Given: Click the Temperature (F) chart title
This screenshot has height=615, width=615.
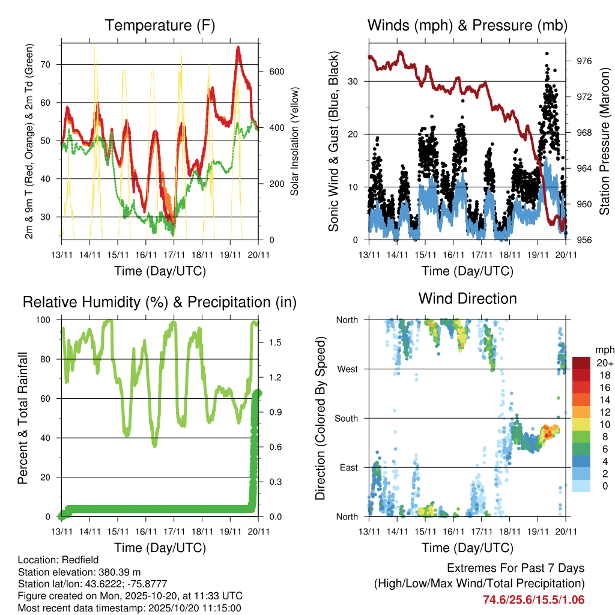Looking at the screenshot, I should click(160, 26).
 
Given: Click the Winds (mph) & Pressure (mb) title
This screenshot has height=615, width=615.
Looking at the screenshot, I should click(467, 26).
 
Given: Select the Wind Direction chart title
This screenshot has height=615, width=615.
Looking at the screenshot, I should click(467, 298).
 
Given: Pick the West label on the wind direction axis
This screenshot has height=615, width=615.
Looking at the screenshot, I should click(347, 369).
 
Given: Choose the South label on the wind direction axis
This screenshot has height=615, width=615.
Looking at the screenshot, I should click(345, 418).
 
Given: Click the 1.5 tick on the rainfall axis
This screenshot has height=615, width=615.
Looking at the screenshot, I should click(268, 342).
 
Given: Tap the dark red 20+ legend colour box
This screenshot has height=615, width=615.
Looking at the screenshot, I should click(581, 363).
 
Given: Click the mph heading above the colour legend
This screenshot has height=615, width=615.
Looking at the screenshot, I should click(603, 350).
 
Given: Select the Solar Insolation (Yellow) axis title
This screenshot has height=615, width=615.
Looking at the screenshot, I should click(294, 142).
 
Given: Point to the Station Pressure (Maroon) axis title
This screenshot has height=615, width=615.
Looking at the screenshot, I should click(604, 142).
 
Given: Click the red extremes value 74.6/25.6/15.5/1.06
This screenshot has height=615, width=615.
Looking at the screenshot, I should click(533, 599).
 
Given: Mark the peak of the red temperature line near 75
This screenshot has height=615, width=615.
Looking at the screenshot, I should click(238, 47).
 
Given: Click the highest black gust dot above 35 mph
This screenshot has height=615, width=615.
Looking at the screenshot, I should click(547, 53).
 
